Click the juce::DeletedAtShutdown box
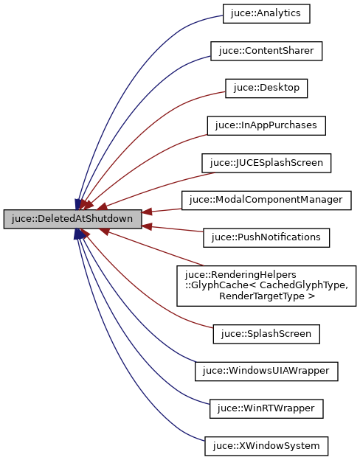tap(72, 219)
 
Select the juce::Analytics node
tap(266, 13)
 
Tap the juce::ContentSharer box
tap(266, 51)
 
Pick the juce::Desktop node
tap(266, 88)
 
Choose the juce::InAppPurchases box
tap(266, 125)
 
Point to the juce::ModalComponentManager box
tap(266, 200)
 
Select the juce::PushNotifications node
tap(266, 237)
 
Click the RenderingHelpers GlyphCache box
tap(266, 285)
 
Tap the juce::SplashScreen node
tap(266, 333)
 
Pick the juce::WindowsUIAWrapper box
tap(266, 371)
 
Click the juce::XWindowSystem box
tap(266, 445)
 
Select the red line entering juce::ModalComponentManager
tap(162, 209)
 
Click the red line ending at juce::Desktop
tap(148, 125)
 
